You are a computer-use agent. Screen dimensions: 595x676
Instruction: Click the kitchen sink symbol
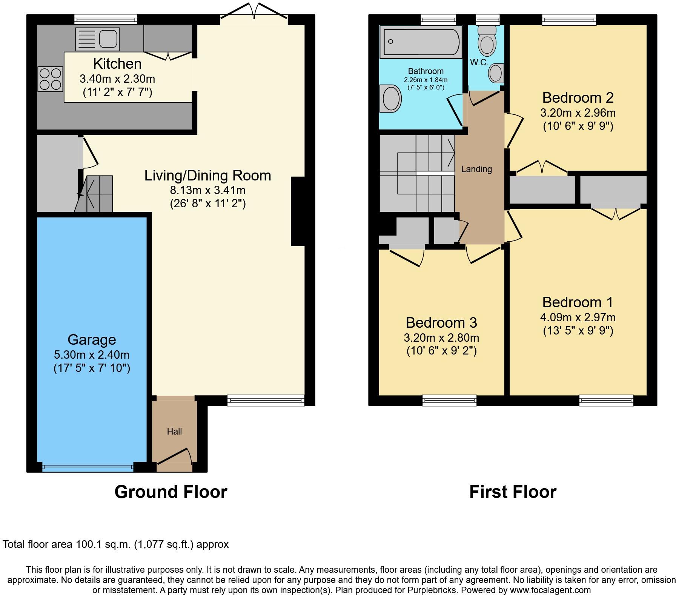coord(98,39)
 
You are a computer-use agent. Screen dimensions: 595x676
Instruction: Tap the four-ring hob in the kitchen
coord(50,79)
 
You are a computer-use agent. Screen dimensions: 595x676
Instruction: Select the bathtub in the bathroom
coord(421,42)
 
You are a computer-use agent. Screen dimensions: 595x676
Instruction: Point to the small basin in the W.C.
coord(496,73)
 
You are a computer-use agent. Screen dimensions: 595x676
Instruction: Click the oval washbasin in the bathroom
coord(391,99)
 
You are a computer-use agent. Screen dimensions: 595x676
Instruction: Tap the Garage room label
coord(92,340)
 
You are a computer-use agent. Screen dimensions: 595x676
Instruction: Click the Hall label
coord(174,431)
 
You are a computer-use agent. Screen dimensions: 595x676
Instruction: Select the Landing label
coord(476,169)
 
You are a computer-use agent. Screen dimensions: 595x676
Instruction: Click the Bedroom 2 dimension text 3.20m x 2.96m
coord(578,113)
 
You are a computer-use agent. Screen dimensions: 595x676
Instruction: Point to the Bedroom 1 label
coord(578,302)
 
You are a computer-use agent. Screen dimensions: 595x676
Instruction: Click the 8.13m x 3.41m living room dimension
coord(207,190)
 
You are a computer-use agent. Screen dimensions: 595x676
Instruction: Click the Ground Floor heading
coord(171,492)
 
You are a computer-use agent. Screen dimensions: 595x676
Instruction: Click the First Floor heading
coord(513,492)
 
